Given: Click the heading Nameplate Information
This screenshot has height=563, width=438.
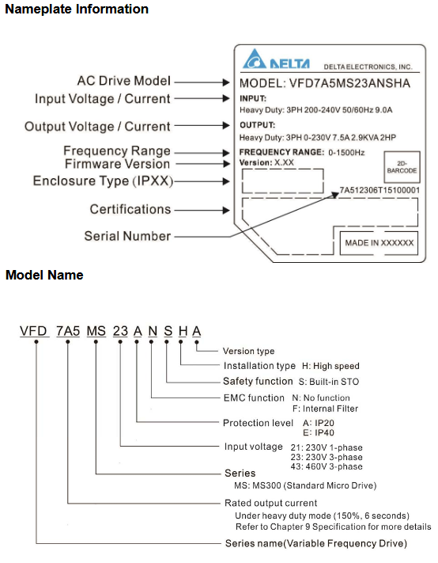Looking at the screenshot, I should pyautogui.click(x=77, y=10).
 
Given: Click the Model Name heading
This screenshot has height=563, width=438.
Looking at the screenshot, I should pyautogui.click(x=44, y=275).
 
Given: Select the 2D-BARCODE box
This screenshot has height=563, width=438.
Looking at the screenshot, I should pyautogui.click(x=401, y=169).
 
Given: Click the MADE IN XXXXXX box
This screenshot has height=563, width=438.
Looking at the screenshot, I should pyautogui.click(x=379, y=243).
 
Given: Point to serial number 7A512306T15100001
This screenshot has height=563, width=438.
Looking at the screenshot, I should pyautogui.click(x=379, y=191).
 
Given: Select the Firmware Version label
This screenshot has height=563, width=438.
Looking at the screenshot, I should pyautogui.click(x=117, y=164).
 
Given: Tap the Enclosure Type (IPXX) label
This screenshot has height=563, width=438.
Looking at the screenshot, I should pyautogui.click(x=103, y=181).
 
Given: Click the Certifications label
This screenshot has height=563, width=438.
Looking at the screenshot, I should pyautogui.click(x=130, y=209).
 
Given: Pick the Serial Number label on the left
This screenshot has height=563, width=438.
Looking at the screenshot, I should pyautogui.click(x=127, y=236).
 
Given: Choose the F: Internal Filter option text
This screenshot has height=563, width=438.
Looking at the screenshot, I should pyautogui.click(x=325, y=409).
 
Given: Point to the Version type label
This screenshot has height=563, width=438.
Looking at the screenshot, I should pyautogui.click(x=249, y=351).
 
